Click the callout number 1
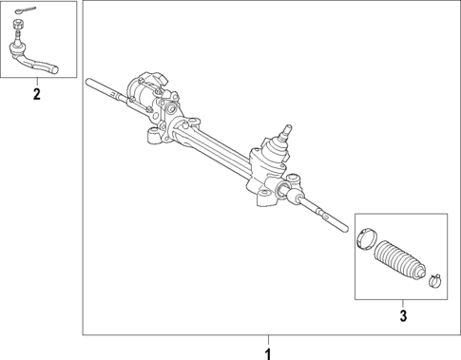(x=267, y=352)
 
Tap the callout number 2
(x=36, y=94)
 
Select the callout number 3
(x=402, y=314)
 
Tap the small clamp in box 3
(x=435, y=279)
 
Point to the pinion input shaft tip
(x=287, y=125)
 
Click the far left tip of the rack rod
(x=87, y=79)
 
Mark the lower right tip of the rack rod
(x=344, y=228)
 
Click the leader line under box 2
(x=36, y=83)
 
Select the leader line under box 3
(x=402, y=302)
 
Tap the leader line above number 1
(x=267, y=341)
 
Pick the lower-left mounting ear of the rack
(x=150, y=140)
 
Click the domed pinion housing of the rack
(x=273, y=152)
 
